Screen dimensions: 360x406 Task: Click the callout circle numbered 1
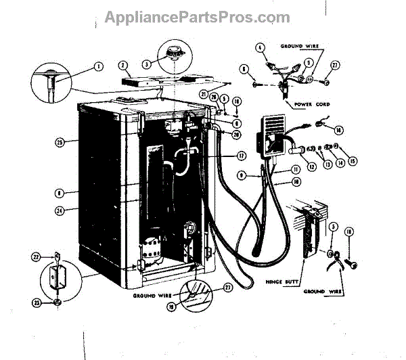pos(98,66)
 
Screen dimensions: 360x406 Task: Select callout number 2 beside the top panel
pos(123,66)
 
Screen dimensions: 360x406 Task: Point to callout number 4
pos(259,47)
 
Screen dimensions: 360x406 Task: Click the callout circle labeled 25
pos(59,142)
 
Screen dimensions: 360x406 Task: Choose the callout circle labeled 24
pos(59,210)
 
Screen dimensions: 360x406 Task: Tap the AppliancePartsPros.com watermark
pos(197,18)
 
